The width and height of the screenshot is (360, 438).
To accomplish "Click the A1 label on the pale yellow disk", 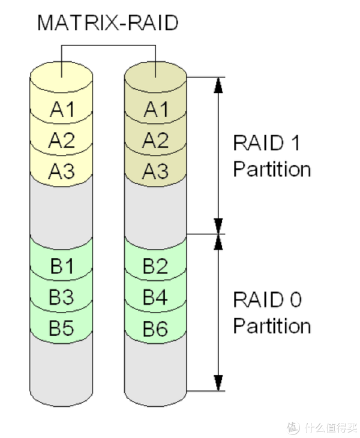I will point(62,109).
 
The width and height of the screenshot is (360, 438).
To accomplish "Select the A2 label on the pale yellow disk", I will point(62,140).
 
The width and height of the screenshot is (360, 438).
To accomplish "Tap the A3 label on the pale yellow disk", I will point(62,172).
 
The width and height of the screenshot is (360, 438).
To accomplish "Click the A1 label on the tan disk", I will point(155,109).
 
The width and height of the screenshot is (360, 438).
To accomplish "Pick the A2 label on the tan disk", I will point(155,140).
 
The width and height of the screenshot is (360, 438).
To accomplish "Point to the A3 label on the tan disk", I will point(155,172).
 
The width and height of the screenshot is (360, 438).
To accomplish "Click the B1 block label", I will point(62,266).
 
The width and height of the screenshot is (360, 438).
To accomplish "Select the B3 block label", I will point(62,296).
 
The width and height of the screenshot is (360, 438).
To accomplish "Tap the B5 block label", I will point(62,328).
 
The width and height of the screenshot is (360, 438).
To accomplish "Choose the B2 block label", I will point(155,266).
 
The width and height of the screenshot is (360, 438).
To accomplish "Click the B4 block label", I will point(155,296).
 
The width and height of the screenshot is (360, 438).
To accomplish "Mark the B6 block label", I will point(155,328).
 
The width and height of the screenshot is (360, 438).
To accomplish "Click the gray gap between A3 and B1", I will point(62,210).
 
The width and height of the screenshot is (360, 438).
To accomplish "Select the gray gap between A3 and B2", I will point(155,210).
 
